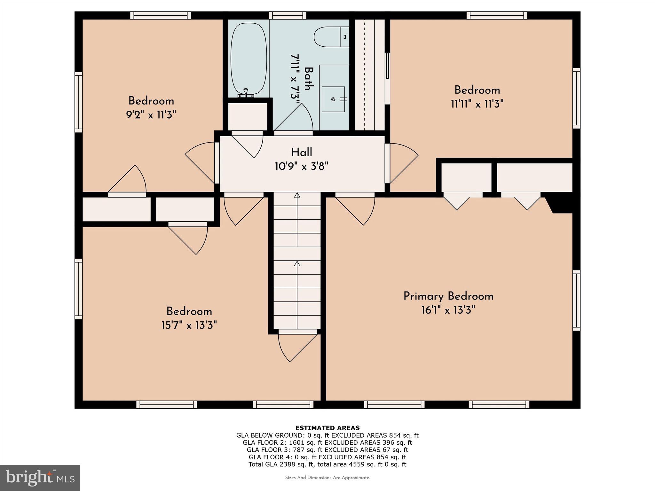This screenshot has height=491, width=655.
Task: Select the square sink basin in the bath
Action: click(x=333, y=99)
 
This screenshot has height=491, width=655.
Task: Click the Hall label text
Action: click(x=302, y=152)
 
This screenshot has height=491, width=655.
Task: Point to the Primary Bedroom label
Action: click(x=448, y=296)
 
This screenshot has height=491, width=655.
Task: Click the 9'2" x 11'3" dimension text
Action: click(x=151, y=115)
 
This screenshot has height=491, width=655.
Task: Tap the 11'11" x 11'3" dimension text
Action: click(x=477, y=104)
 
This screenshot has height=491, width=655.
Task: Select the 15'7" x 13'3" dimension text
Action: click(x=189, y=325)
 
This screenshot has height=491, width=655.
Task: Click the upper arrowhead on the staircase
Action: click(x=297, y=195)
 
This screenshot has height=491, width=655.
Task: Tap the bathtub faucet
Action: click(x=246, y=93)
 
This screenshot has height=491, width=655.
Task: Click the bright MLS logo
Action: click(x=40, y=478)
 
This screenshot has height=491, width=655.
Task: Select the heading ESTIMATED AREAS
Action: click(x=327, y=428)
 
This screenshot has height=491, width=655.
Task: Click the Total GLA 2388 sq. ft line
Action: click(x=327, y=464)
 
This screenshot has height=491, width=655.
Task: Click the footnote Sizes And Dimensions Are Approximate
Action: click(x=327, y=478)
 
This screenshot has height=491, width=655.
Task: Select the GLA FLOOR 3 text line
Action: click(x=327, y=450)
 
